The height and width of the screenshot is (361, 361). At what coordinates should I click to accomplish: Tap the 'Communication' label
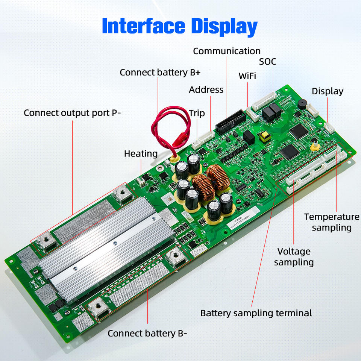coord(227,51)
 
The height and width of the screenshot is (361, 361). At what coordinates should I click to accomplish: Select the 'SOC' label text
coord(267,61)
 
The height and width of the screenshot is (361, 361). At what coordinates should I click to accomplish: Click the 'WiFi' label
coord(247,76)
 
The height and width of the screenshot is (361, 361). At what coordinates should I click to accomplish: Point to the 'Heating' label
coord(141,153)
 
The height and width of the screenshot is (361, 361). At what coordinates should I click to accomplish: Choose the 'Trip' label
coord(197,113)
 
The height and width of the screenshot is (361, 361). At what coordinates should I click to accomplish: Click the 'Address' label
coord(206,89)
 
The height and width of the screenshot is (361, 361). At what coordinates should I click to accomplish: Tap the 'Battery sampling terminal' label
coord(256,313)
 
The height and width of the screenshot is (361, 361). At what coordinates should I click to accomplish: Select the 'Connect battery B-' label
coord(147,334)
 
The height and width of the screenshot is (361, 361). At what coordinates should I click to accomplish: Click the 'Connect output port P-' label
coord(72,113)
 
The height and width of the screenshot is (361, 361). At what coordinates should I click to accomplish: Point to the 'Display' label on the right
coord(328,91)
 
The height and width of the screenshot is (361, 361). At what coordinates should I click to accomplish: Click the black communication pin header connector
coord(231,121)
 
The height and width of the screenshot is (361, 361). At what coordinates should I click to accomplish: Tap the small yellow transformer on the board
coord(265,136)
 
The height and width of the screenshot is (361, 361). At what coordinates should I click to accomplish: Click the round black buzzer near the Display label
coord(302,104)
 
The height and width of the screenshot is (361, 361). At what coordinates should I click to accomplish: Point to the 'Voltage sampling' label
coord(294,257)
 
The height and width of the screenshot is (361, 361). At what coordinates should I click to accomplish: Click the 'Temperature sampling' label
coord(332,222)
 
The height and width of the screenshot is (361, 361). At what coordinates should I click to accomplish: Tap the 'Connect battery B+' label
coord(160,73)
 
